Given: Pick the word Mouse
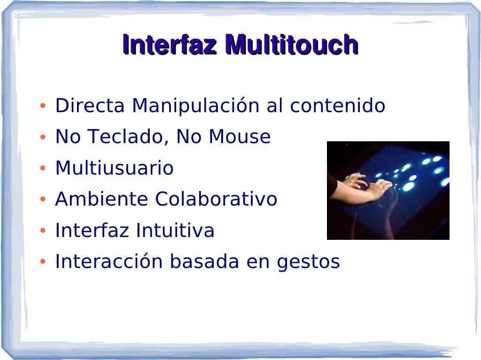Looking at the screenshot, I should [x=240, y=137].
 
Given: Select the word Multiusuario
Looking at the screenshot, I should [x=114, y=168].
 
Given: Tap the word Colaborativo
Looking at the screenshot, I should [x=216, y=199].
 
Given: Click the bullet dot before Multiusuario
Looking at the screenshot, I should [x=43, y=169].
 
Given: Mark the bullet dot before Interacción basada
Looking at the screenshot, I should [x=43, y=262].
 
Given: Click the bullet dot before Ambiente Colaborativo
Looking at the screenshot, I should [x=43, y=200].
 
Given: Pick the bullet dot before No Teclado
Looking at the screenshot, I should [x=43, y=138].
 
